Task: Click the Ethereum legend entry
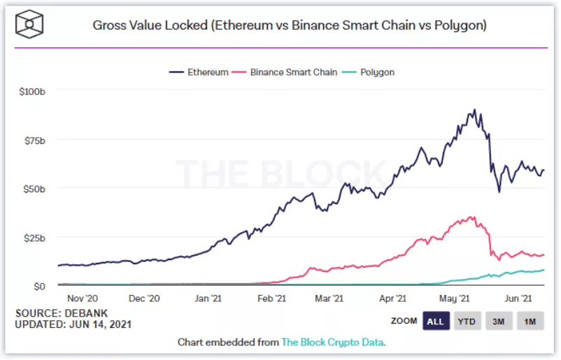[x=199, y=73]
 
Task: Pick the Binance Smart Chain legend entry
[x=285, y=73]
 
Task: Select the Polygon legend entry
[x=369, y=73]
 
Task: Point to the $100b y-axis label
[x=32, y=92]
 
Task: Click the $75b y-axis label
[x=35, y=141]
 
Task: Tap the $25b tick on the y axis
[x=35, y=238]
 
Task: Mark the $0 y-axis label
[x=39, y=287]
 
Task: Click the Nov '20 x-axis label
[x=83, y=298]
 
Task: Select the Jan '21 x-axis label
[x=208, y=298]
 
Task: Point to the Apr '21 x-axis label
[x=393, y=298]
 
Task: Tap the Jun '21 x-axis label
[x=518, y=298]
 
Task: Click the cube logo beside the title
[x=29, y=24]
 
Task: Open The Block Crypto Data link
[x=333, y=343]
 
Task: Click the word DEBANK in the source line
[x=86, y=314]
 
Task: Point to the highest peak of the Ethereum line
[x=476, y=110]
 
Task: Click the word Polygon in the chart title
[x=459, y=26]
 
